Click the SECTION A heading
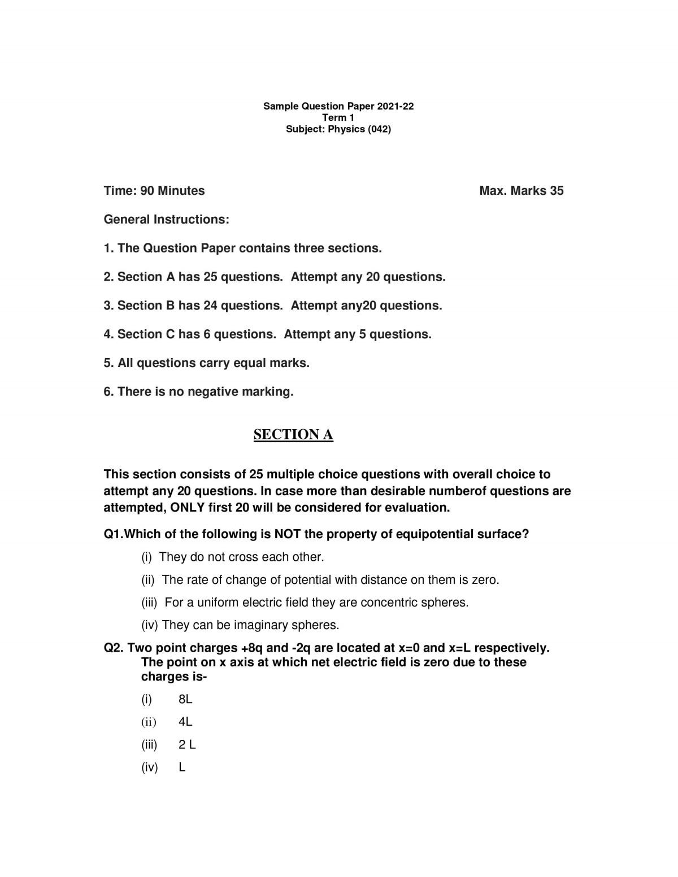[293, 434]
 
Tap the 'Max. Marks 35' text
[521, 191]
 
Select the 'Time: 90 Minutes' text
[154, 191]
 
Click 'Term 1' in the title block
[338, 117]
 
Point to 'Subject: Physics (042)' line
[338, 129]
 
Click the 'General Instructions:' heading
[167, 220]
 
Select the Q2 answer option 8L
[185, 699]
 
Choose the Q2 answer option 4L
[185, 722]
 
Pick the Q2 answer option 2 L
[187, 744]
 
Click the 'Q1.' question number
[113, 534]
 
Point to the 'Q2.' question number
[114, 648]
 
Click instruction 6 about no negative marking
[198, 392]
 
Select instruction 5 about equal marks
[206, 363]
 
